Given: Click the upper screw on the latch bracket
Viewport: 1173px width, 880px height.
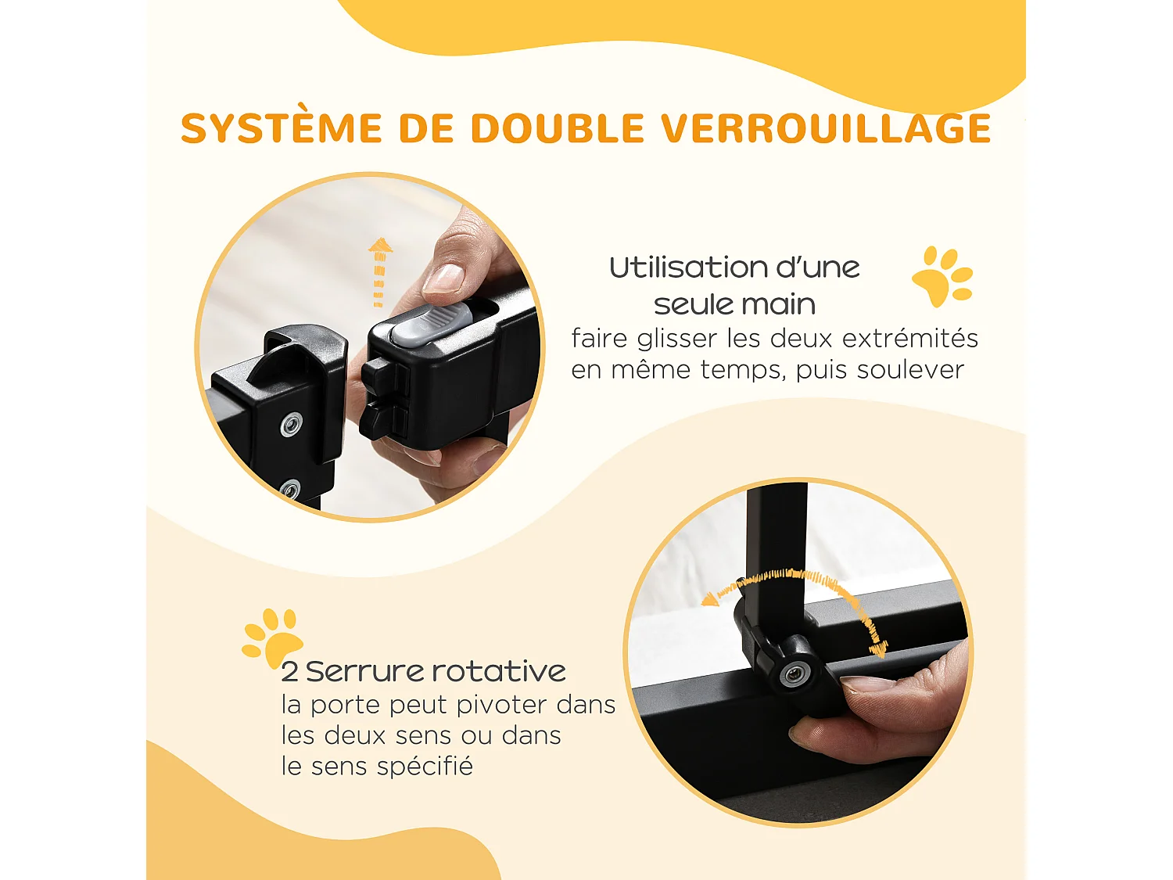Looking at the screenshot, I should (291, 425).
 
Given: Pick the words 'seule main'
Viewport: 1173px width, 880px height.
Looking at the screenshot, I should (734, 304).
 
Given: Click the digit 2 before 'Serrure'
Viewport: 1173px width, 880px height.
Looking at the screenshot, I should (289, 672).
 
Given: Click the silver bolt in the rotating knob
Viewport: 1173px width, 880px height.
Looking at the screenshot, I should (794, 673).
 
